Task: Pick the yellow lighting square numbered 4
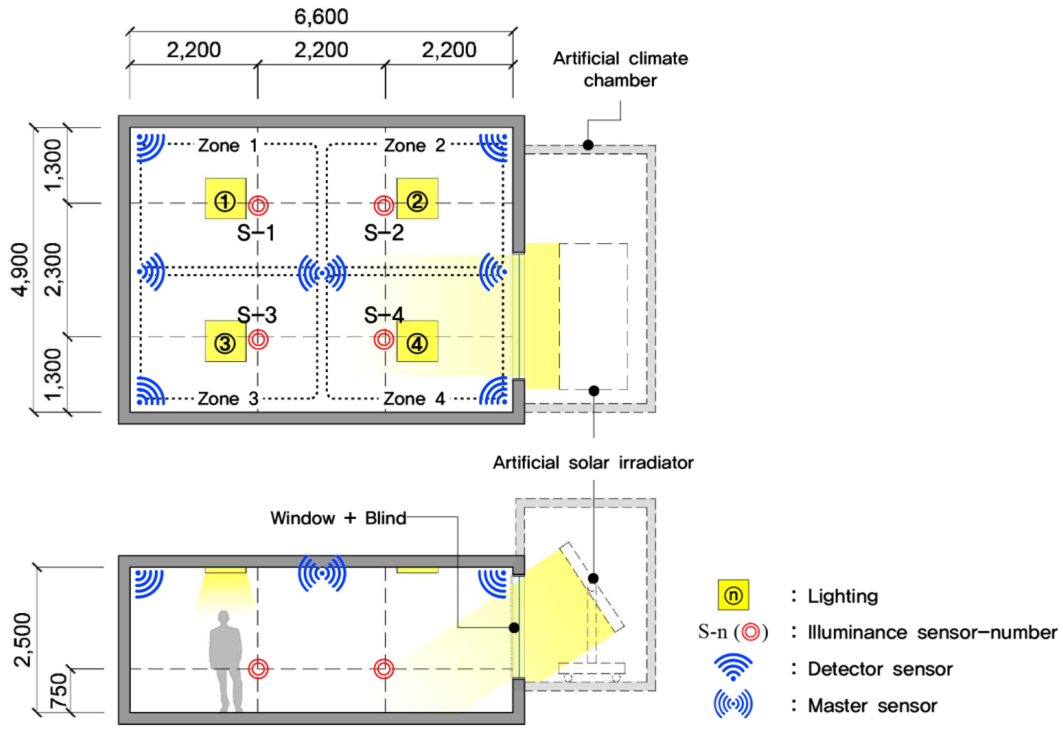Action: pyautogui.click(x=417, y=341)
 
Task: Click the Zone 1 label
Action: pyautogui.click(x=227, y=146)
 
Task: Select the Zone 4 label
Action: pyautogui.click(x=414, y=398)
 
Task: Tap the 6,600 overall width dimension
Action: pyautogui.click(x=321, y=17)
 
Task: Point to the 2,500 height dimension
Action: pyautogui.click(x=23, y=639)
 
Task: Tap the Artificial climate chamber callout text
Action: pyautogui.click(x=620, y=69)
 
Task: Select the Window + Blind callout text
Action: pyautogui.click(x=338, y=518)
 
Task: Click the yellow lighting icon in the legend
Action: pyautogui.click(x=733, y=595)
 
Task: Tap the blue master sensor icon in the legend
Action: pyautogui.click(x=733, y=704)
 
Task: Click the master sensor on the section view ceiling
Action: pyautogui.click(x=322, y=573)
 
